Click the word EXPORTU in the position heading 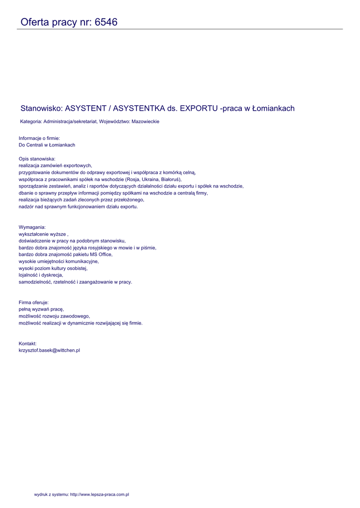tap(199, 108)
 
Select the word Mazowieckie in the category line tap(145, 122)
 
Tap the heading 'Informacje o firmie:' tap(39, 138)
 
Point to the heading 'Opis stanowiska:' tap(37, 159)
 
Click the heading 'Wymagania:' tap(32, 227)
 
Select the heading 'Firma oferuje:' tap(34, 302)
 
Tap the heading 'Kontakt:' tap(28, 343)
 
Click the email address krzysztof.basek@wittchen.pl tap(49, 350)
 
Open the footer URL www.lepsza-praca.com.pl tap(99, 495)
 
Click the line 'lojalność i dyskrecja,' tap(41, 275)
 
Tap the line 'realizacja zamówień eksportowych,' tap(56, 166)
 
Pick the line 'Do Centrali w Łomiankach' tap(47, 145)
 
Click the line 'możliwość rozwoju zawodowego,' tap(54, 316)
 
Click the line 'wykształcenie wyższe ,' tap(43, 234)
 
